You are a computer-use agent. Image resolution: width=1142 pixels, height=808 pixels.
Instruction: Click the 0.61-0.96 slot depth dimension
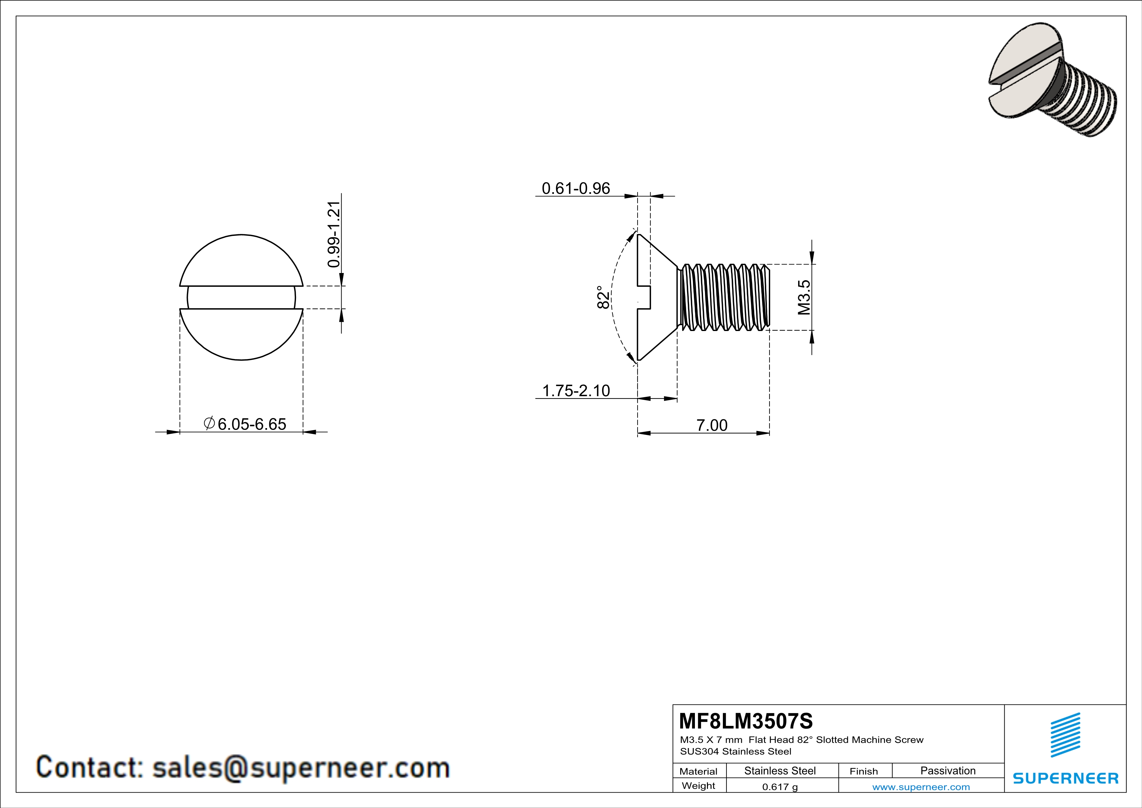(575, 189)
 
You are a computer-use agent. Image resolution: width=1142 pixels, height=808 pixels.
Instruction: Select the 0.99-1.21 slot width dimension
(334, 234)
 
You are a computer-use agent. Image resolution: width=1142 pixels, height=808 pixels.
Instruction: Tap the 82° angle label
(603, 297)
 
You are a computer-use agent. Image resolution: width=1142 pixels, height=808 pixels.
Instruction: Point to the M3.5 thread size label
(804, 297)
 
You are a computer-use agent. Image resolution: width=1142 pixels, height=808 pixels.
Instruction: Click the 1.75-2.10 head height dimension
(575, 391)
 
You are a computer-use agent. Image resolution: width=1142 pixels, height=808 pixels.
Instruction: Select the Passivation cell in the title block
(948, 771)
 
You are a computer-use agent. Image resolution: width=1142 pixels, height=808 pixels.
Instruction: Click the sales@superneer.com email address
(301, 768)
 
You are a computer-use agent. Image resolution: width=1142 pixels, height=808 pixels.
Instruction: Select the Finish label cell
(864, 771)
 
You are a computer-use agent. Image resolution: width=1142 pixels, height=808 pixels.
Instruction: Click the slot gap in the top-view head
(241, 297)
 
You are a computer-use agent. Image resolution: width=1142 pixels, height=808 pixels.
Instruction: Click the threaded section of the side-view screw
(724, 297)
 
